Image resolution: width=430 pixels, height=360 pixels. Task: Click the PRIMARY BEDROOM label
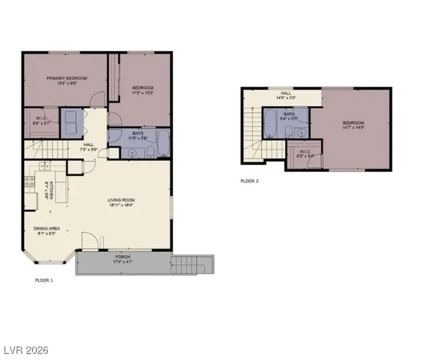[x=66, y=78]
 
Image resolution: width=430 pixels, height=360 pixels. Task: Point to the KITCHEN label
[x=52, y=189]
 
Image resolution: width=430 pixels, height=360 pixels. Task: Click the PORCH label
[x=122, y=255]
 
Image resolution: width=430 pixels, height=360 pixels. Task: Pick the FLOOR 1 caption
[x=44, y=281]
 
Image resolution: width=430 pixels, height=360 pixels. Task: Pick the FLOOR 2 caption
[x=249, y=182]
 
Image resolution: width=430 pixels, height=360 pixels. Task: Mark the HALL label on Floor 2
[x=286, y=94]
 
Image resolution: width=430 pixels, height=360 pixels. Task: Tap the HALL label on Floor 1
[x=89, y=145]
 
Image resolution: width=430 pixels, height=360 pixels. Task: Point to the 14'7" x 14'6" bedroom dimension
[x=353, y=126]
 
